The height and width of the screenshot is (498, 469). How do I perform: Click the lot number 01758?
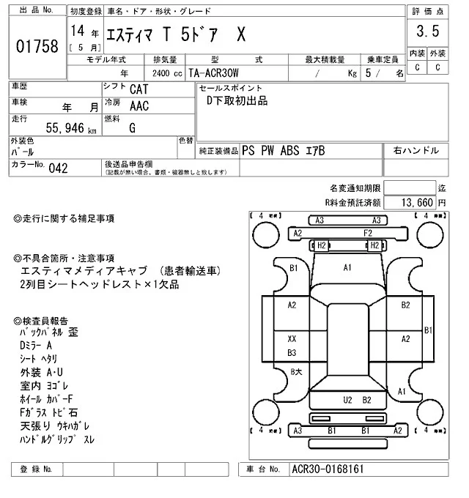(37, 46)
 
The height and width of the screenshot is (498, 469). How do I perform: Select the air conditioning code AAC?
(140, 106)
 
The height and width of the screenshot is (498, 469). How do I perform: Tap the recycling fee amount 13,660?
(417, 202)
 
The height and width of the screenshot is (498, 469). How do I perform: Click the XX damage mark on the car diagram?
(292, 339)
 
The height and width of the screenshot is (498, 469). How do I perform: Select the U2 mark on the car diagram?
(348, 400)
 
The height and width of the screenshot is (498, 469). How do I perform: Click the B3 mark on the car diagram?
(292, 352)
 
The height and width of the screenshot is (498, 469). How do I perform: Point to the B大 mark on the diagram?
(296, 372)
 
